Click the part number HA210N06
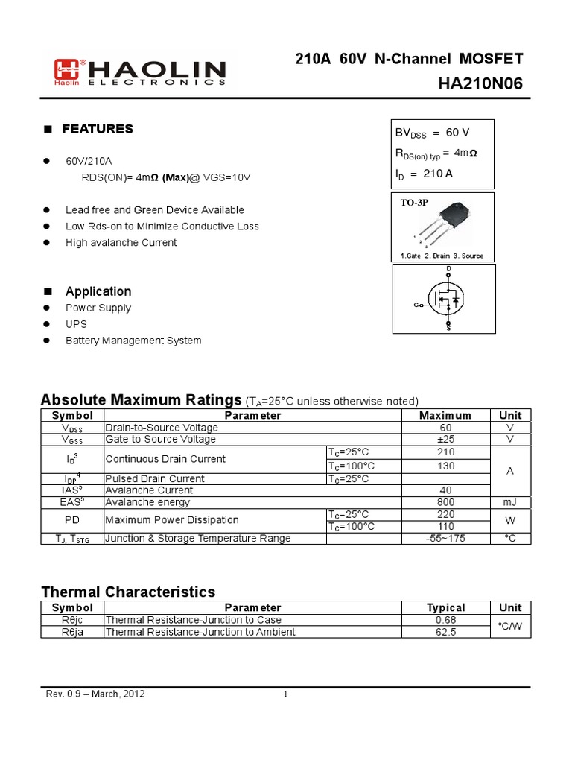pyautogui.click(x=481, y=85)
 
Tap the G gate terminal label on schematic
pyautogui.click(x=416, y=305)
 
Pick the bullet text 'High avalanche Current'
pyautogui.click(x=121, y=243)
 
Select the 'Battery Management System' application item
pyautogui.click(x=133, y=341)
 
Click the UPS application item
pyautogui.click(x=76, y=324)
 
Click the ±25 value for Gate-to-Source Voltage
pyautogui.click(x=445, y=440)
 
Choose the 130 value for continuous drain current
pyautogui.click(x=445, y=466)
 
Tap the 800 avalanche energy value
pyautogui.click(x=445, y=502)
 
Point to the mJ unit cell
pyautogui.click(x=510, y=502)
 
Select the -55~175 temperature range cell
pyautogui.click(x=445, y=538)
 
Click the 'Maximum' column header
pyautogui.click(x=445, y=415)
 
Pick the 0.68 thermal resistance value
pyautogui.click(x=445, y=620)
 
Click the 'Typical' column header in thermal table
pyautogui.click(x=445, y=607)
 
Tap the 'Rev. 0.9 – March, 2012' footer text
pyautogui.click(x=96, y=694)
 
